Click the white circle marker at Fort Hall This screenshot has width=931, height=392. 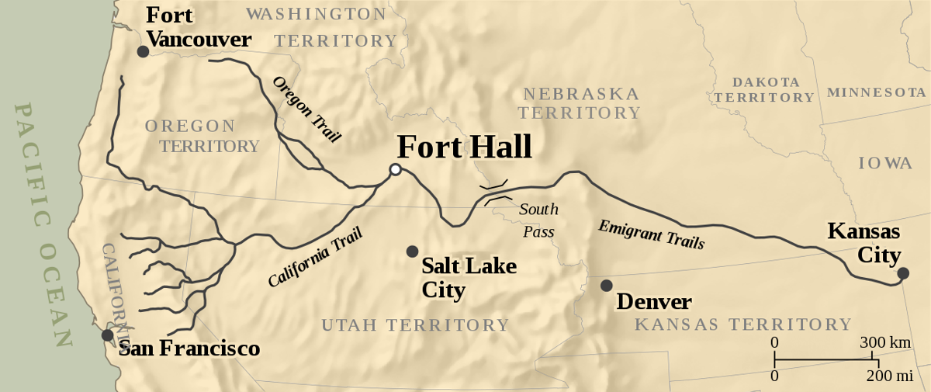(x=396, y=169)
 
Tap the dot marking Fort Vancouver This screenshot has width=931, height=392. (x=143, y=51)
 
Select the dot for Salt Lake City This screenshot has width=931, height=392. (x=412, y=252)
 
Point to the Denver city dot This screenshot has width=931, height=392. (x=606, y=286)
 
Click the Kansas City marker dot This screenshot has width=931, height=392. (x=902, y=272)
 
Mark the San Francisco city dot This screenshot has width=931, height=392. (x=107, y=335)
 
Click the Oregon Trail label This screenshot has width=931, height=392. (x=306, y=109)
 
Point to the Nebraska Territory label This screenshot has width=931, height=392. (x=580, y=103)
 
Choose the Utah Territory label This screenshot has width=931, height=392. (x=415, y=325)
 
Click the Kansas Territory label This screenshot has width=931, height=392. (x=742, y=324)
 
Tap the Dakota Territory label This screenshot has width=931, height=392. (x=765, y=90)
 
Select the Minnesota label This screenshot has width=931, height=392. (x=877, y=92)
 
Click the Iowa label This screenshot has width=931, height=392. (x=884, y=163)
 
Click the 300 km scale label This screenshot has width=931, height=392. (x=884, y=342)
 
